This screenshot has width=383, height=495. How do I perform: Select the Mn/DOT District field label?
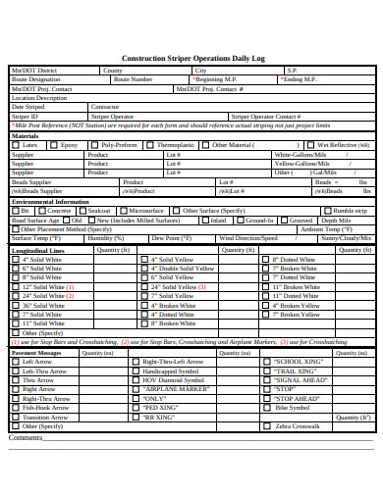point(34,72)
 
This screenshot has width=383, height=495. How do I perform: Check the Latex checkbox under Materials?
point(16,145)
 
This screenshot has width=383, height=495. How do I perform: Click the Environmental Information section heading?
point(52,201)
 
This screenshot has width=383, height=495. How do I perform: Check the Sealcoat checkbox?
point(82,211)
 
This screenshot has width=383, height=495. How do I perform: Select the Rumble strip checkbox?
point(327,211)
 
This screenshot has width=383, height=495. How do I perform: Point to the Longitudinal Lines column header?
point(39,250)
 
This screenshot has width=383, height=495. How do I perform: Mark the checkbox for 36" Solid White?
point(16,304)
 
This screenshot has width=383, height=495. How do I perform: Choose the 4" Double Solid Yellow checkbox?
point(143,268)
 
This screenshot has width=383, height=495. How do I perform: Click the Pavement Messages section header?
point(36,352)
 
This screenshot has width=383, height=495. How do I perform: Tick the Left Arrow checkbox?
point(16,362)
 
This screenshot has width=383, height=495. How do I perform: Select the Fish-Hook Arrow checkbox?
point(16,408)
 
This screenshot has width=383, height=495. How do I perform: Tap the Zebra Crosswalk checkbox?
point(265,426)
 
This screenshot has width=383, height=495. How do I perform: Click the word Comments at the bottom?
point(27,438)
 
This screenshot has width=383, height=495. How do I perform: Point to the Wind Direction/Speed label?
point(247,238)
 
